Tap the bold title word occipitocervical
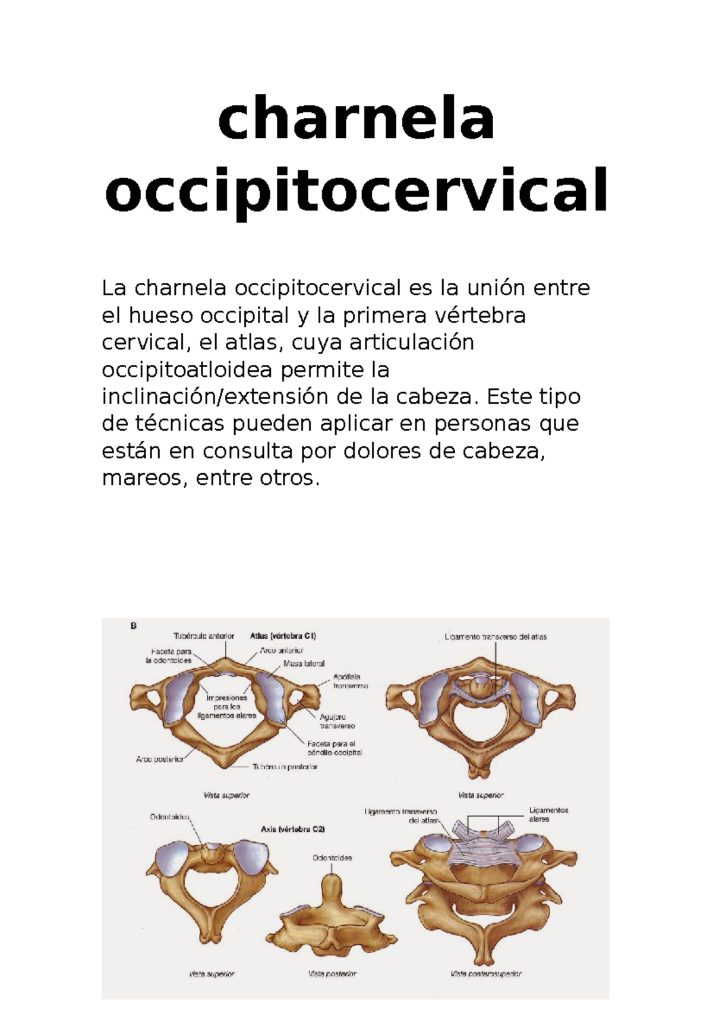pyautogui.click(x=356, y=191)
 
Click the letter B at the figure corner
pyautogui.click(x=134, y=625)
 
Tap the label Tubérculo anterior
pyautogui.click(x=204, y=636)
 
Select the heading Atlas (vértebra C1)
pyautogui.click(x=283, y=636)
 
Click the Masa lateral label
pyautogui.click(x=304, y=663)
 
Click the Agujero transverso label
pyautogui.click(x=337, y=721)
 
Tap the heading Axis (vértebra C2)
pyautogui.click(x=292, y=829)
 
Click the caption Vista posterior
pyautogui.click(x=332, y=974)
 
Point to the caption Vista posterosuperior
pyautogui.click(x=486, y=974)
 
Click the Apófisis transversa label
pyautogui.click(x=350, y=681)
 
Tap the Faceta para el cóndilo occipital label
pyautogui.click(x=334, y=748)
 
